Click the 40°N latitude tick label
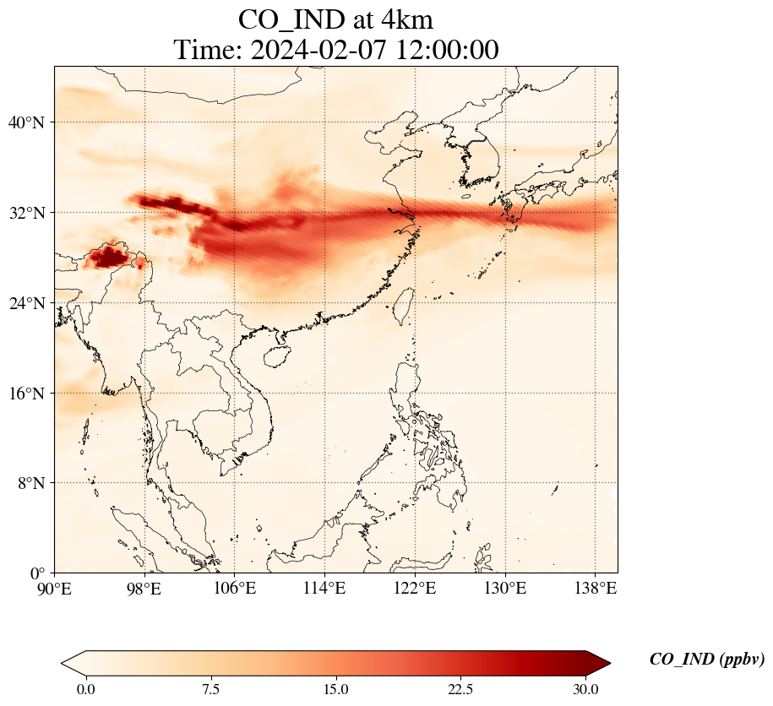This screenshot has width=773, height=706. (25, 122)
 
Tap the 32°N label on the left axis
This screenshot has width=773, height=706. (25, 213)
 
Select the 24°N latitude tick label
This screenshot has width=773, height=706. (25, 303)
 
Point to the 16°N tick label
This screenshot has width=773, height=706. (25, 394)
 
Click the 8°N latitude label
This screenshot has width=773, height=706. (29, 483)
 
